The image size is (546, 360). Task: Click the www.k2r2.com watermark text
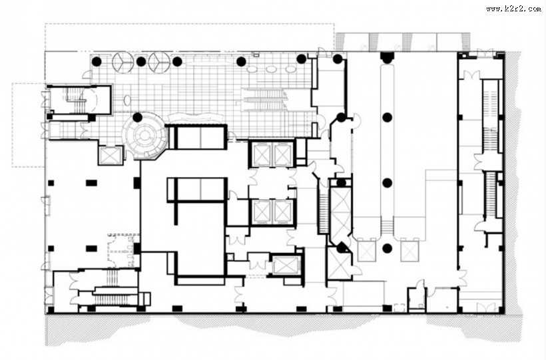tap(513, 9)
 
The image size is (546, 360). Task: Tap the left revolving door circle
tap(123, 63)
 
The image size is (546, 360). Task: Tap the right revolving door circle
tap(159, 63)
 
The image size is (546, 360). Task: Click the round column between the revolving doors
tap(141, 62)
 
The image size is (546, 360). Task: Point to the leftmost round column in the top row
tap(97, 62)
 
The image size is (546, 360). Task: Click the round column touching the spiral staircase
tap(138, 117)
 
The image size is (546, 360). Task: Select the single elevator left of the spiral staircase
tap(111, 155)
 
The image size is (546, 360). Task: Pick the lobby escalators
tap(264, 100)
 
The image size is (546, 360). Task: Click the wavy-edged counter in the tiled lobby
tap(195, 117)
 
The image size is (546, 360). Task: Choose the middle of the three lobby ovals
tap(271, 70)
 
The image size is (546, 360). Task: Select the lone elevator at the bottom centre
tap(285, 266)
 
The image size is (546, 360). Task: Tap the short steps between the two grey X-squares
tap(386, 227)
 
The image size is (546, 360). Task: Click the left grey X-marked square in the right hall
tap(367, 251)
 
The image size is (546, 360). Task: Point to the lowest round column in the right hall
tap(387, 248)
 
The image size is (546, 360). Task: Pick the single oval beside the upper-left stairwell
tap(127, 100)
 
